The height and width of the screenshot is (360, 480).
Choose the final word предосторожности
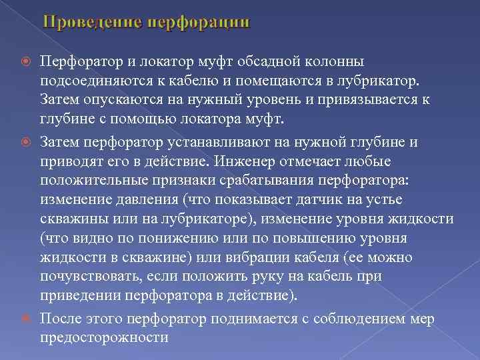click(104, 338)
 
